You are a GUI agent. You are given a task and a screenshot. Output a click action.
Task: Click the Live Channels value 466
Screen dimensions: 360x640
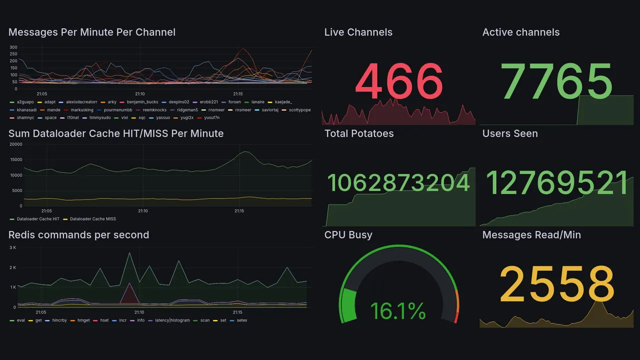(x=399, y=82)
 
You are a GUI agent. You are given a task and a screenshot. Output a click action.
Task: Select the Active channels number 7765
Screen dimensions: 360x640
(x=557, y=82)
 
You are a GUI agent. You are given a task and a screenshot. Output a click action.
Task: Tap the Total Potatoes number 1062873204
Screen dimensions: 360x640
(x=398, y=183)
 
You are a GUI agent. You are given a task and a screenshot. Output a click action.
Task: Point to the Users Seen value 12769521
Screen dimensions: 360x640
(x=557, y=183)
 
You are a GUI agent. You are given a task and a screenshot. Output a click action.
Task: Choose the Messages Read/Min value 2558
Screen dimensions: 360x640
(x=557, y=284)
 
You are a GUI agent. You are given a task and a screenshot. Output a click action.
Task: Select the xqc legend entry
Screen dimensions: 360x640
(x=141, y=118)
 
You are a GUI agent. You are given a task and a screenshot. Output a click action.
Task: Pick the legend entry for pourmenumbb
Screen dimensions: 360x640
(x=118, y=110)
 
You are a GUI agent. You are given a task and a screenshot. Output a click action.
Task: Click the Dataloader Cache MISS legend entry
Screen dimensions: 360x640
(x=92, y=219)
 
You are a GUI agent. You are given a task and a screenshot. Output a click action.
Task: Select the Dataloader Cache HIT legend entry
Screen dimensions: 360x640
(x=37, y=219)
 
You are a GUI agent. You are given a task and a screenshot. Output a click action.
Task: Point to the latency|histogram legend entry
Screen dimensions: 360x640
(x=172, y=320)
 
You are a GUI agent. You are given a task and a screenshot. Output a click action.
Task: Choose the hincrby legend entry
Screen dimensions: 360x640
(x=59, y=320)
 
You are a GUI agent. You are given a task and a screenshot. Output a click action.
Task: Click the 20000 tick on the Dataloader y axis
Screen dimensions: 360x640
(x=16, y=144)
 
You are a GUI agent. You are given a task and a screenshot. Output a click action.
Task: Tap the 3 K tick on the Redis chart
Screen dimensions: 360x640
(x=13, y=248)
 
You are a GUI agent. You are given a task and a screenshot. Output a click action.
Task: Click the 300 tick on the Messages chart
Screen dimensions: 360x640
(x=13, y=47)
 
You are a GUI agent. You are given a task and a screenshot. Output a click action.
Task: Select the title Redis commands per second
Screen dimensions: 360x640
(x=78, y=235)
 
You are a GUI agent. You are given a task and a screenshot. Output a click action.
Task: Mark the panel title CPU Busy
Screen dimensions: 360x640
(x=348, y=235)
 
